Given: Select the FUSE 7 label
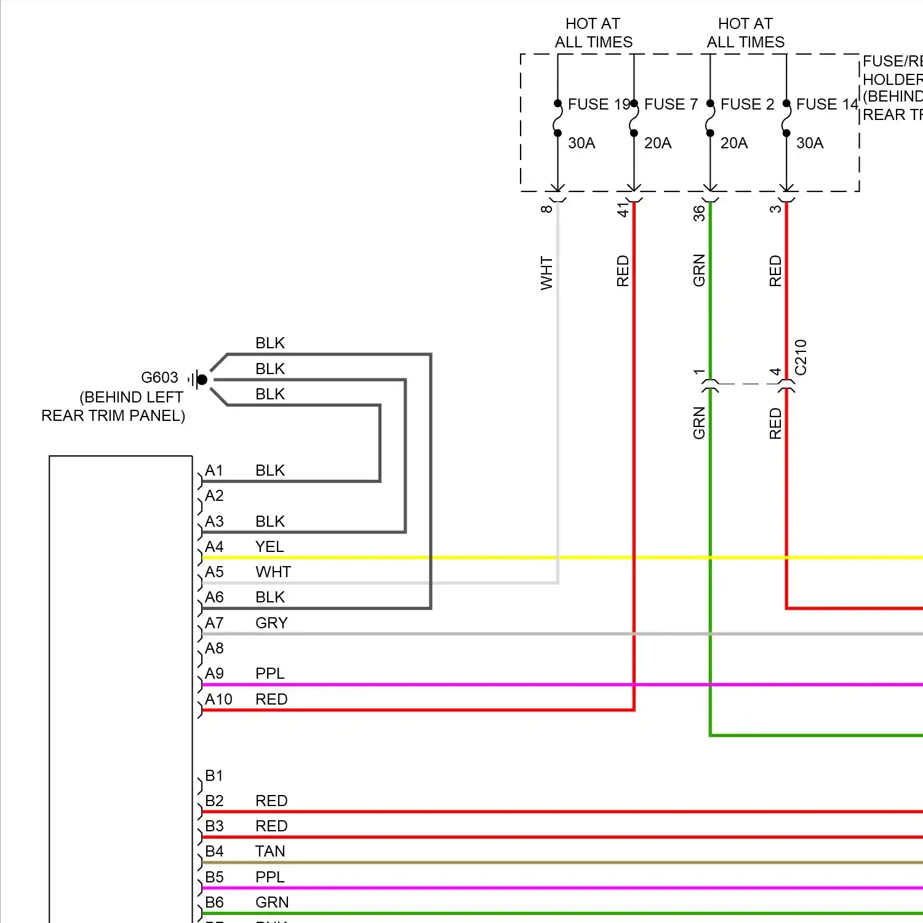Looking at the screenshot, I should click(671, 104).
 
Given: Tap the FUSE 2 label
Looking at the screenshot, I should click(747, 104).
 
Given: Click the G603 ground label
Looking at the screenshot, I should click(159, 377).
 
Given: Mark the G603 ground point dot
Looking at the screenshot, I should click(202, 380).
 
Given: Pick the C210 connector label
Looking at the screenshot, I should click(800, 357).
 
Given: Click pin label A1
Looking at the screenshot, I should click(214, 471).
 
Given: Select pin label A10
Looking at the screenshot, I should click(218, 700).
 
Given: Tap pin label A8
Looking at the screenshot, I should click(214, 649).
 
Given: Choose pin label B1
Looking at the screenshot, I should click(214, 776).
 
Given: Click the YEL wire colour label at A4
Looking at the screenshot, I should click(270, 547).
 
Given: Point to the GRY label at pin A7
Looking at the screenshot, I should click(271, 623).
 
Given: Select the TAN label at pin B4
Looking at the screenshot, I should click(270, 852).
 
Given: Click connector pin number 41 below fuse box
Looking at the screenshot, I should click(623, 210).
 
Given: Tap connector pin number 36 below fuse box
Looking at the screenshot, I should click(699, 213).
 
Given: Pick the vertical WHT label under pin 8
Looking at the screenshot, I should click(546, 273).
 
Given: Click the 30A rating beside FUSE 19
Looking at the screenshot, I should click(581, 143).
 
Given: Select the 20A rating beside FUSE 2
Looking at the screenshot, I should click(734, 143).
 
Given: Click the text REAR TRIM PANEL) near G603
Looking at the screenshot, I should click(113, 416).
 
